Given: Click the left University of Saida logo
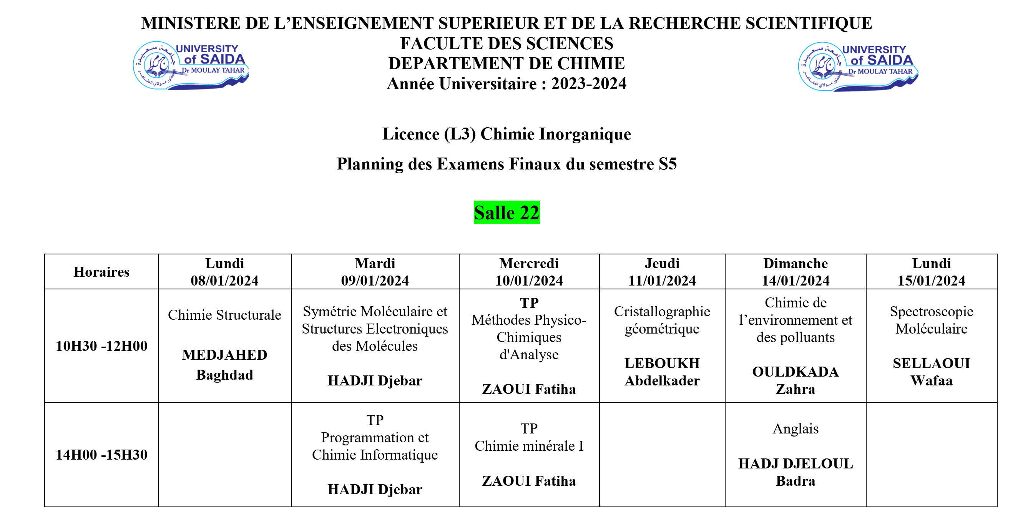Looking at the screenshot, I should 191,66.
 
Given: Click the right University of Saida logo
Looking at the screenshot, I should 857,66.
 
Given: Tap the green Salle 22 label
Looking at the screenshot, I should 506,213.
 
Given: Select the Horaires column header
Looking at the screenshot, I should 101,272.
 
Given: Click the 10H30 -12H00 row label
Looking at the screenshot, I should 101,346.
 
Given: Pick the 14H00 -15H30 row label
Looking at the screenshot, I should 101,455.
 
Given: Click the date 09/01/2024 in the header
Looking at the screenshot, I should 375,280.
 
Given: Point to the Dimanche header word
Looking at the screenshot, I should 795,263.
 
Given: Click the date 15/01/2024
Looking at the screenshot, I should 931,280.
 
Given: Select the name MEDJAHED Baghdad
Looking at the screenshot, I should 224,364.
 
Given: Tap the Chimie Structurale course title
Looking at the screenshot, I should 224,315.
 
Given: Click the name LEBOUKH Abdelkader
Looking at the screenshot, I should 662,372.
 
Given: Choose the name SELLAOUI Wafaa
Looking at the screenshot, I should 931,372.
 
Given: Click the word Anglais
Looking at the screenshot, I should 795,428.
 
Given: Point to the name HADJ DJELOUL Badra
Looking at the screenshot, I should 795,472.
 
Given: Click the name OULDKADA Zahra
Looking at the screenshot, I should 795,380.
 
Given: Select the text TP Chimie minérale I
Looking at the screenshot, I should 529,437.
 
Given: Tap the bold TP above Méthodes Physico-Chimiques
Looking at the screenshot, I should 529,303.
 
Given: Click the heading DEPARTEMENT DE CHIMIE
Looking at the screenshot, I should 506,63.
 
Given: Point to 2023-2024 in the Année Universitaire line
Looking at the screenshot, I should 588,83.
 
